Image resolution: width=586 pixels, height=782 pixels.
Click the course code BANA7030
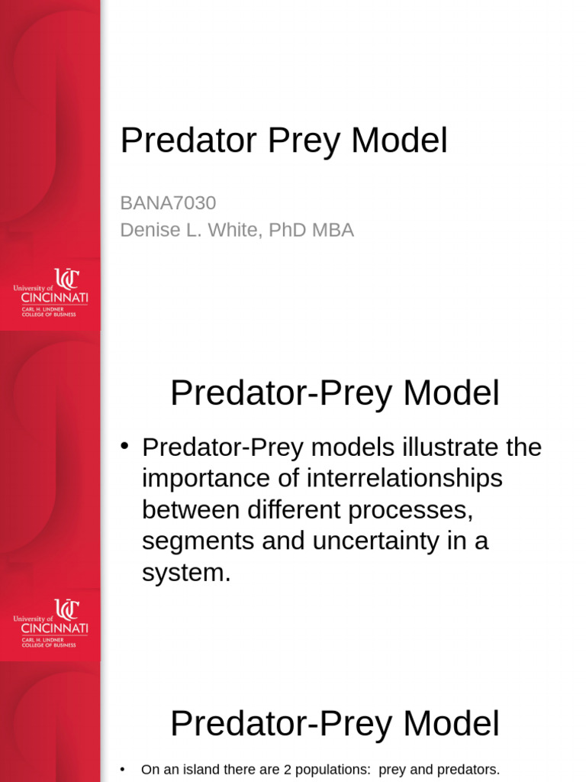coord(168,203)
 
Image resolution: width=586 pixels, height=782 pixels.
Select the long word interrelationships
coord(404,479)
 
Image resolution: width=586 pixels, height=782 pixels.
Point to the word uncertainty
coord(391,541)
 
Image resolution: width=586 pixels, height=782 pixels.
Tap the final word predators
coord(467,770)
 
